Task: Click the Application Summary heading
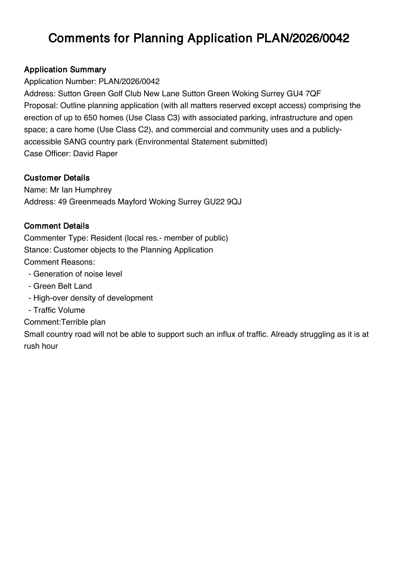(x=65, y=70)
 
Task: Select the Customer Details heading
(x=56, y=178)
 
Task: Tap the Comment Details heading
(x=56, y=226)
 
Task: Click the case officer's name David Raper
(x=95, y=154)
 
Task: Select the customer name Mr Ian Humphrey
(x=81, y=190)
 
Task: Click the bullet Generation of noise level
(x=77, y=274)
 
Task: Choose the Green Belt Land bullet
(x=62, y=286)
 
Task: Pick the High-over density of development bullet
(x=93, y=298)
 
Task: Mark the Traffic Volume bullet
(x=59, y=310)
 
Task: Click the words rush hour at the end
(x=41, y=346)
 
